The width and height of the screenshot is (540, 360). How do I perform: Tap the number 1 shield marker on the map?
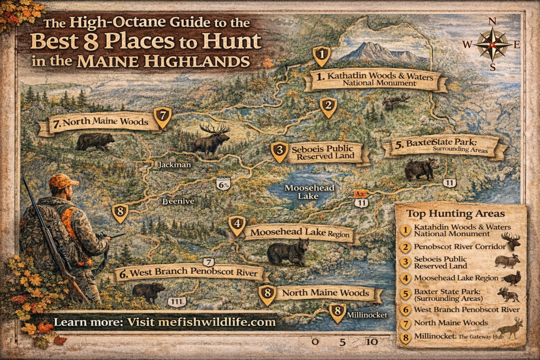coord(321,54)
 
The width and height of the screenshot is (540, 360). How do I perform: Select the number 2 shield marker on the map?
coord(328,107)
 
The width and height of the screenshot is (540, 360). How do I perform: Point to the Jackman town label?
coord(173,165)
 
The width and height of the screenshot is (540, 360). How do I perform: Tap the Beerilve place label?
coord(178,201)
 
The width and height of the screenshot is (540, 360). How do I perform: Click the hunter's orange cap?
coord(62,182)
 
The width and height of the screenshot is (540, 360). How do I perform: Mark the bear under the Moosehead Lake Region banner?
coord(287,252)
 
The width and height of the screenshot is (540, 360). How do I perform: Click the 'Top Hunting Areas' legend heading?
coord(455,213)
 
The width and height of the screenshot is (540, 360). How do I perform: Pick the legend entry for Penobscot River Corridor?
coord(453,247)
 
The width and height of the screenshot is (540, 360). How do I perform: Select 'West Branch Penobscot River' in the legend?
coord(467,309)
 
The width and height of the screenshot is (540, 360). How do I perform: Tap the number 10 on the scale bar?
coord(372,342)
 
